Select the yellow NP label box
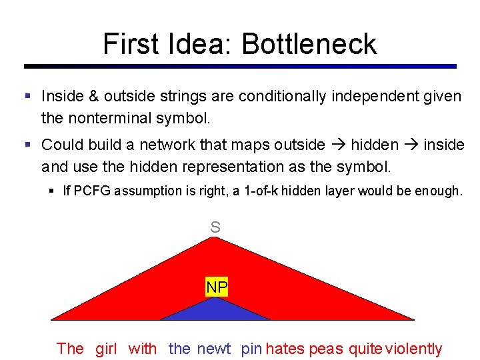(217, 288)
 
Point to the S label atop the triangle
(215, 227)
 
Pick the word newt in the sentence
(213, 348)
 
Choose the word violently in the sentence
(414, 348)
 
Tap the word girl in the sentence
(106, 348)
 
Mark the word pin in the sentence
(251, 348)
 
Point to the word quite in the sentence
(366, 348)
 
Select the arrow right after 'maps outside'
(338, 145)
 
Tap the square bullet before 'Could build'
(28, 145)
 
